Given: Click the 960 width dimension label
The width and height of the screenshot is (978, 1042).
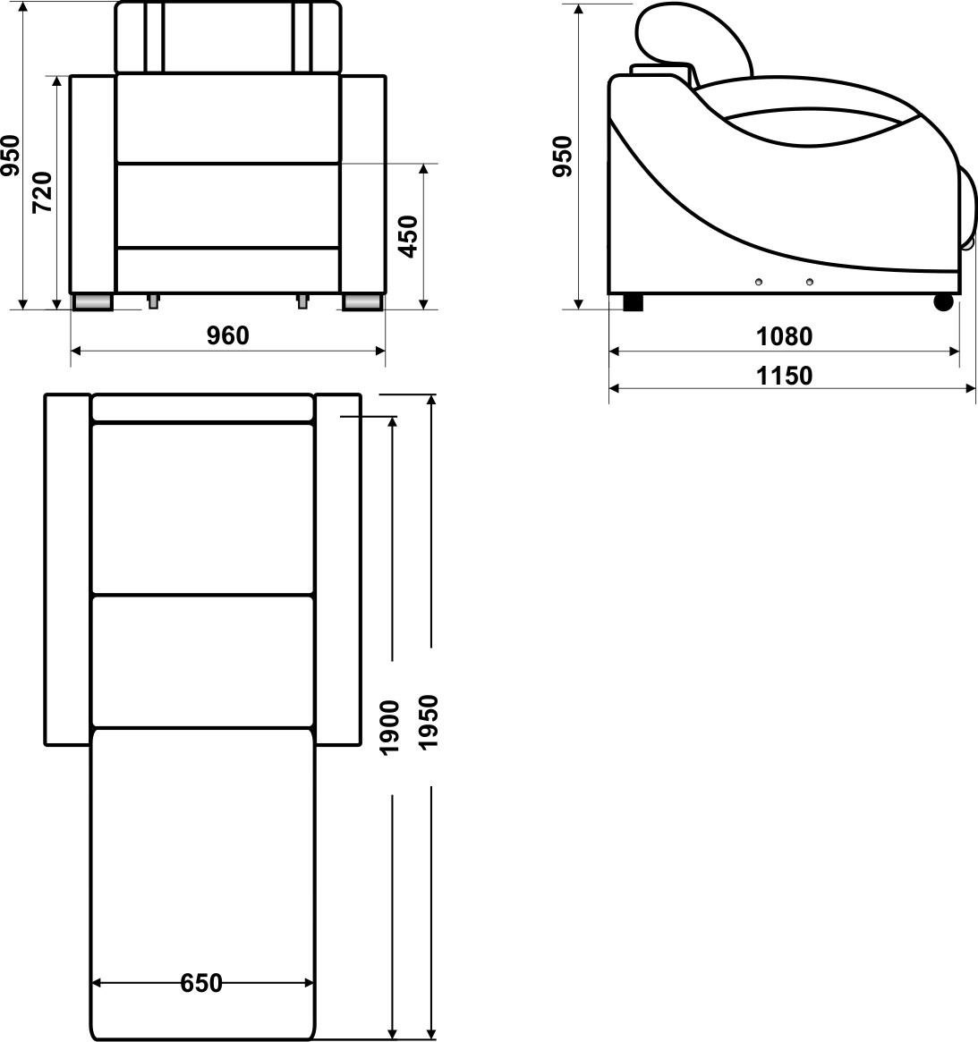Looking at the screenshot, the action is pyautogui.click(x=227, y=335).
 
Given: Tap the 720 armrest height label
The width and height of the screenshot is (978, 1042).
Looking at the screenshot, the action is pyautogui.click(x=43, y=192).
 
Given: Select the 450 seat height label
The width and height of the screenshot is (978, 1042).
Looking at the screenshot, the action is pyautogui.click(x=408, y=237).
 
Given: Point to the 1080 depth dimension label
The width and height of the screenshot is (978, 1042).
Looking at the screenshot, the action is pyautogui.click(x=784, y=336).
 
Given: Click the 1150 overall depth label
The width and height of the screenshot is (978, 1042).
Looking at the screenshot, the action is pyautogui.click(x=784, y=376).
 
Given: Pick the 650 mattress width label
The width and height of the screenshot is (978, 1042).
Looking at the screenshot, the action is pyautogui.click(x=200, y=983).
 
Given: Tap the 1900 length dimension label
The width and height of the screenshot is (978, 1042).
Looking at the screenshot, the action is pyautogui.click(x=389, y=728).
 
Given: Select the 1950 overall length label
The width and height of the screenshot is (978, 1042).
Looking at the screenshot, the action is pyautogui.click(x=429, y=723).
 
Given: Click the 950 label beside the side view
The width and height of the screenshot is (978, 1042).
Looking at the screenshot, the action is pyautogui.click(x=563, y=157).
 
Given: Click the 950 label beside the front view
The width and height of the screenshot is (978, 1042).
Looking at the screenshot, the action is pyautogui.click(x=11, y=157).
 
